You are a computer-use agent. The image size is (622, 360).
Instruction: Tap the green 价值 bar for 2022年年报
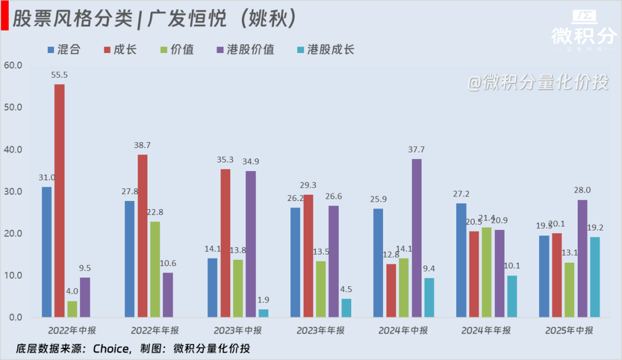[x=155, y=269]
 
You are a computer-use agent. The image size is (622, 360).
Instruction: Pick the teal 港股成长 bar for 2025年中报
[x=595, y=277]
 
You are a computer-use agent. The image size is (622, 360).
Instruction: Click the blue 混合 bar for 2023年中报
[x=213, y=287]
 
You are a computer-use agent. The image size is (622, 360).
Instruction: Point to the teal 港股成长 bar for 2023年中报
[x=263, y=313]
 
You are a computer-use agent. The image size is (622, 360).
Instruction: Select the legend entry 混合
[x=63, y=50]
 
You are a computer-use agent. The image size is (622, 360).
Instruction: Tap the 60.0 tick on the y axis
[x=13, y=65]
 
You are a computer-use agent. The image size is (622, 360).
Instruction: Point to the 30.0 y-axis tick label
[x=13, y=191]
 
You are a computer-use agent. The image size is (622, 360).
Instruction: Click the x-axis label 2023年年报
[x=320, y=331]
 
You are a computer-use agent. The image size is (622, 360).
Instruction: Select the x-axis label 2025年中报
[x=569, y=331]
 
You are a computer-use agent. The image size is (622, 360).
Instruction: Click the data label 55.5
[x=59, y=75]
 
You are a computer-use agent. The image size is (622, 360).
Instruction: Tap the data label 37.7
[x=416, y=150]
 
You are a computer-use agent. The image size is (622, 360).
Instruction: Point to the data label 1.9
[x=263, y=300]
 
